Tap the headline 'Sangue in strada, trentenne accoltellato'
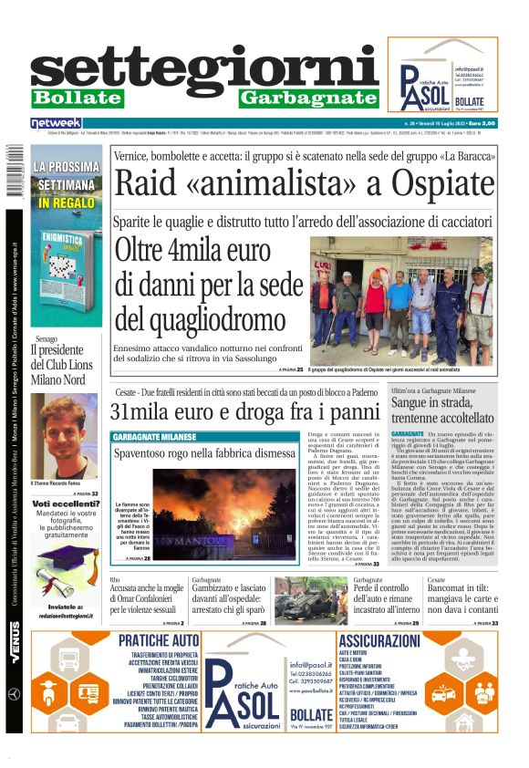point(445,409)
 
